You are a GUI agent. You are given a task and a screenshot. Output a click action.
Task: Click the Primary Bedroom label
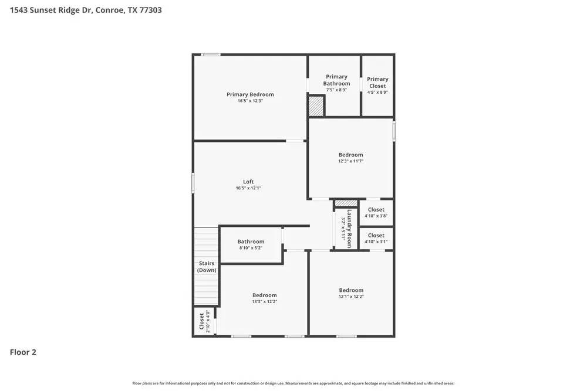(250, 94)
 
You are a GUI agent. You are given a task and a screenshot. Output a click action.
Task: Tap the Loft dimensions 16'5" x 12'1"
(248, 188)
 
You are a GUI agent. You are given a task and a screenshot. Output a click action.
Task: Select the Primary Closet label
(377, 82)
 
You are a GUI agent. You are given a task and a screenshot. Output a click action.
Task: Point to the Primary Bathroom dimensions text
(336, 90)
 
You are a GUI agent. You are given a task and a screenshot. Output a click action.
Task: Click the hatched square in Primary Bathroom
(316, 106)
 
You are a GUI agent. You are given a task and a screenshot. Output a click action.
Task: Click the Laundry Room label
(349, 229)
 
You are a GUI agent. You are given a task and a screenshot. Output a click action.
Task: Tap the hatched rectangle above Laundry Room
(346, 203)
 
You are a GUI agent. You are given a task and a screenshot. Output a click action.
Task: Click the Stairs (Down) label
(207, 267)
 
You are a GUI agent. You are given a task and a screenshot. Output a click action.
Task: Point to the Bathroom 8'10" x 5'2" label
(251, 242)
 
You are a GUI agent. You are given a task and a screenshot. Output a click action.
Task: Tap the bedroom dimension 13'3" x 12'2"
(265, 302)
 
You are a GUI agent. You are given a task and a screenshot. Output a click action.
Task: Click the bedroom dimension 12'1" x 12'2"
(351, 297)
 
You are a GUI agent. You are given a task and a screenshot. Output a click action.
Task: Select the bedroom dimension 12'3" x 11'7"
(350, 161)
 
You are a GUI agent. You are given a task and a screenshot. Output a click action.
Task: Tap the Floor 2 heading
(23, 352)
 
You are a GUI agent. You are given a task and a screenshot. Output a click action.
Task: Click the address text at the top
(86, 10)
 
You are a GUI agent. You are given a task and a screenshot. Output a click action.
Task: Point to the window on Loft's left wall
(193, 183)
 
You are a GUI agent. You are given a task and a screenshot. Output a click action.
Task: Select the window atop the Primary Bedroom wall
(210, 55)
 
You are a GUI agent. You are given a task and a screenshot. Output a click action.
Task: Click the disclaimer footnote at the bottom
(293, 383)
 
